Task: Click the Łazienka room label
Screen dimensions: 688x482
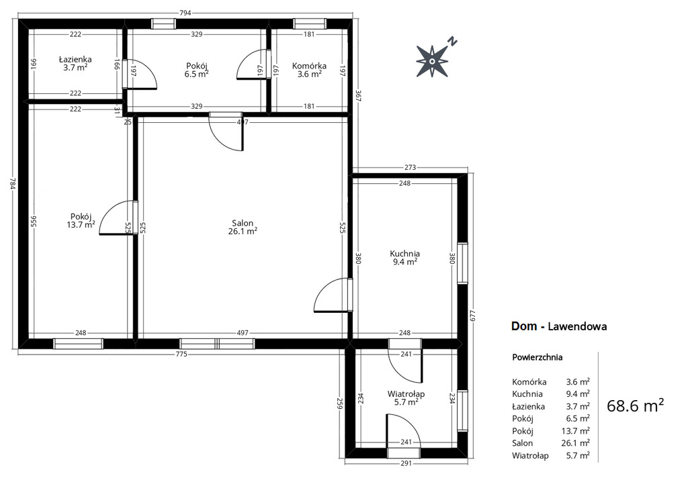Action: tap(75, 59)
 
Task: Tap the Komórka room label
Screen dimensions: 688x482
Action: tap(309, 66)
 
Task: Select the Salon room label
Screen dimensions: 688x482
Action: tap(243, 224)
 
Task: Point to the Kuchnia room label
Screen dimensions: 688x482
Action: tap(405, 254)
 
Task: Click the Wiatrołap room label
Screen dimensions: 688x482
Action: tap(406, 394)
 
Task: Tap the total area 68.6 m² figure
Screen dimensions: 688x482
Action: tap(635, 405)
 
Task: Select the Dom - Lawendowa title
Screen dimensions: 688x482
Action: tap(559, 326)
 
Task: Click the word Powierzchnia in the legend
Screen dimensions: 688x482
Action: tap(537, 357)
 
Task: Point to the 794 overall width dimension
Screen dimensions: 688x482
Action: tap(185, 13)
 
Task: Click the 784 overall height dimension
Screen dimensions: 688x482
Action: tap(13, 183)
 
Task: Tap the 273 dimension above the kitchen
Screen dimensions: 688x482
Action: tap(410, 167)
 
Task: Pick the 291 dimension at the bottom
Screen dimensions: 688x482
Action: tap(406, 463)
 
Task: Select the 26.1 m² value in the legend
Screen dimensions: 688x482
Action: tap(575, 443)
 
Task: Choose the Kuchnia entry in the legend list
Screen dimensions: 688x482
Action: tap(527, 394)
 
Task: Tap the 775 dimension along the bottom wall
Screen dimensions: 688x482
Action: tap(181, 354)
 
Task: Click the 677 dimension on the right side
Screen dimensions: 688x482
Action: tap(472, 316)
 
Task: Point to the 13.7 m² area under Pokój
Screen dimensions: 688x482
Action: tap(81, 225)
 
